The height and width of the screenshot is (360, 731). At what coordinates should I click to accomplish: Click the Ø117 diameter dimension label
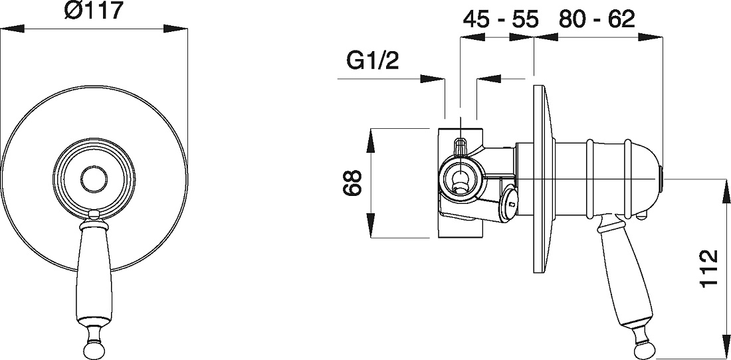(x=93, y=11)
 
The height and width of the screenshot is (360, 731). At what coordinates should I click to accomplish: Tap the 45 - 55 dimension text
(x=500, y=20)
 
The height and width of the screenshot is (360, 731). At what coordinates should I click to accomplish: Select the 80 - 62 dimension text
(x=597, y=19)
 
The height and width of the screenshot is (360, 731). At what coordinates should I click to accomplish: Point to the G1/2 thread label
(x=373, y=61)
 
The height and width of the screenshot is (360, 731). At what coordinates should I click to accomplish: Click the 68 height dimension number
(x=352, y=183)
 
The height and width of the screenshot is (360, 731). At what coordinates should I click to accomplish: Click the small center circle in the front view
(x=94, y=179)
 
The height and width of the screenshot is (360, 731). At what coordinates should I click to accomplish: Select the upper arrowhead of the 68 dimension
(x=370, y=140)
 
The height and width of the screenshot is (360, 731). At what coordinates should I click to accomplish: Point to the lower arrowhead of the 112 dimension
(x=726, y=345)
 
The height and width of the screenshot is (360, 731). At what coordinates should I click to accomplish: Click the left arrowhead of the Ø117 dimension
(x=12, y=29)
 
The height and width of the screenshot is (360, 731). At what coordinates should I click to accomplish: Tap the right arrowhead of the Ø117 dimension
(x=175, y=29)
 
